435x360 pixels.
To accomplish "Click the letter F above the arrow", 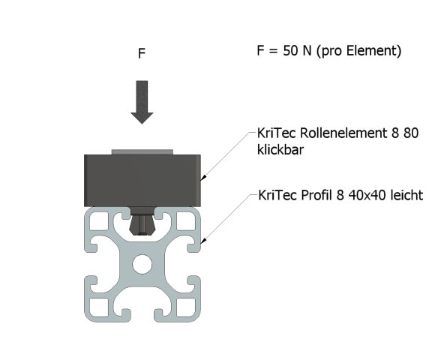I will pyautogui.click(x=141, y=54).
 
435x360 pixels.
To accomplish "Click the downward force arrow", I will pyautogui.click(x=141, y=101).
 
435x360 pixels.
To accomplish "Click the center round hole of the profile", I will pyautogui.click(x=141, y=265).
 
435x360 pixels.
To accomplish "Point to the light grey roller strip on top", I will pyautogui.click(x=141, y=151).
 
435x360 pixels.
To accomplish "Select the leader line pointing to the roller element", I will pyautogui.click(x=229, y=154).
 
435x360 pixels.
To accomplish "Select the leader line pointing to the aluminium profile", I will pyautogui.click(x=229, y=217).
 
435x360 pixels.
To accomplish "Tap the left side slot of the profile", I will pyautogui.click(x=88, y=265).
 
